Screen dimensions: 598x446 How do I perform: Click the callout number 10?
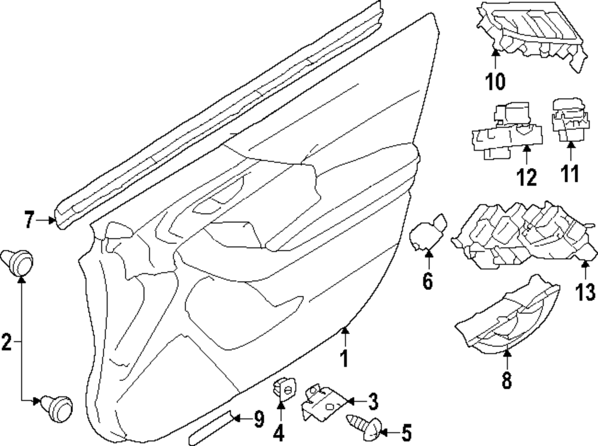pyautogui.click(x=495, y=81)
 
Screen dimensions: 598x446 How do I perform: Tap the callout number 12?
pyautogui.click(x=527, y=177)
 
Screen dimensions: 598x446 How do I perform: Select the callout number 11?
pyautogui.click(x=570, y=173)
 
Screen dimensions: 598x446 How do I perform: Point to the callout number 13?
pyautogui.click(x=585, y=292)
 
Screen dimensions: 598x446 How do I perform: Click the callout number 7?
pyautogui.click(x=29, y=220)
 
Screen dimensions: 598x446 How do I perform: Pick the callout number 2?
pyautogui.click(x=7, y=342)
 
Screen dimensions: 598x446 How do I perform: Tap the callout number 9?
pyautogui.click(x=259, y=420)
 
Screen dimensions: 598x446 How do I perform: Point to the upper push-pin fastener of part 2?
pyautogui.click(x=17, y=262)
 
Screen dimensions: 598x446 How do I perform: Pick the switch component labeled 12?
pyautogui.click(x=505, y=130)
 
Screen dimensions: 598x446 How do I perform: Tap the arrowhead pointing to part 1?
pyautogui.click(x=345, y=330)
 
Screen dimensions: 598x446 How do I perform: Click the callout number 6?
pyautogui.click(x=428, y=282)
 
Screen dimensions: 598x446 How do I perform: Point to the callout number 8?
pyautogui.click(x=507, y=380)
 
